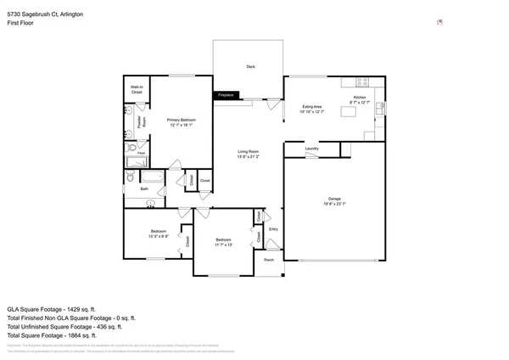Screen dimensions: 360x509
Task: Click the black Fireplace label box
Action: point(226,96)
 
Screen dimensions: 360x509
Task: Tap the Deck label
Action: point(250,66)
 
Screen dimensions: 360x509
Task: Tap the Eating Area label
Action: point(311,108)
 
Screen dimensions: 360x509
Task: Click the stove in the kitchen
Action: point(362,82)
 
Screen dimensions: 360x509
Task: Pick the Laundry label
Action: point(311,149)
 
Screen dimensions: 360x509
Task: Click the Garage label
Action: point(334,200)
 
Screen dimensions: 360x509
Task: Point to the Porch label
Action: point(269,260)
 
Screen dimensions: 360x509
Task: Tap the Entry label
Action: point(273,229)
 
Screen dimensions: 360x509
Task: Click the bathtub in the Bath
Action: point(153,177)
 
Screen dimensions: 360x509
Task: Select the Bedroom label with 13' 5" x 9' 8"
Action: point(159,231)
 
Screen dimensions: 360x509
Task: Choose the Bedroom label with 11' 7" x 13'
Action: point(222,240)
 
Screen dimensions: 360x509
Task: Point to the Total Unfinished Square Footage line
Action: point(64,326)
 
